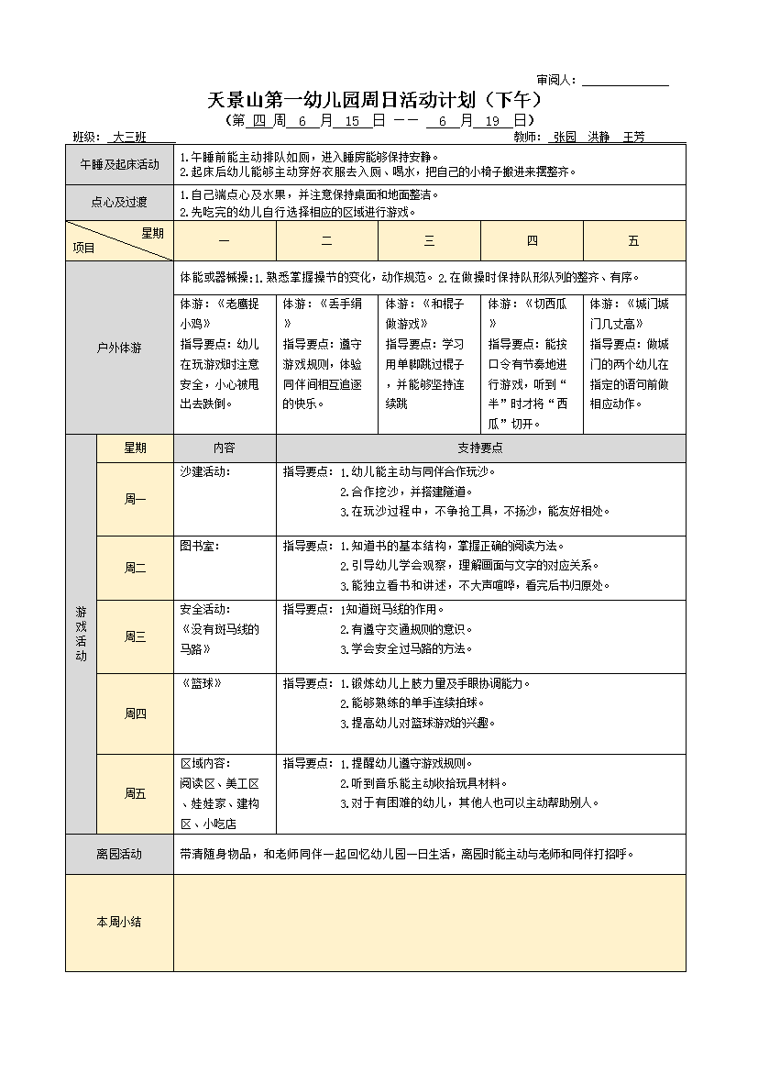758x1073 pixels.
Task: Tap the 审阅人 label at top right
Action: point(556,81)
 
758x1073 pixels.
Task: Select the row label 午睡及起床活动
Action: point(119,164)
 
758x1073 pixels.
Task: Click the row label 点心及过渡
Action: point(119,203)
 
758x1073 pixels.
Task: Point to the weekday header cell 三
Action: point(429,241)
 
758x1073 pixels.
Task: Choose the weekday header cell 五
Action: point(633,241)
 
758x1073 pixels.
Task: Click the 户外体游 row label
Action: point(119,348)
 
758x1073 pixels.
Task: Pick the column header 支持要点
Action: point(480,448)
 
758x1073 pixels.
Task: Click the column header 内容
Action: point(225,448)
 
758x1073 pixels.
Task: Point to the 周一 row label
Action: point(135,499)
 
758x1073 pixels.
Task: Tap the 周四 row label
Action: point(135,713)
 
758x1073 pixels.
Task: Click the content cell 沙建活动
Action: point(204,471)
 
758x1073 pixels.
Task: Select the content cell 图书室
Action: point(199,546)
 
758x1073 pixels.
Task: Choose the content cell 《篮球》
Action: point(202,683)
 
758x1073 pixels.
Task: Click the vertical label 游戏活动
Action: point(81,634)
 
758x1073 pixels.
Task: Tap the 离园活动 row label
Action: point(119,854)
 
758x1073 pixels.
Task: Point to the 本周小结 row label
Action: point(119,923)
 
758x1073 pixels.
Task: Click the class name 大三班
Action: point(129,137)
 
